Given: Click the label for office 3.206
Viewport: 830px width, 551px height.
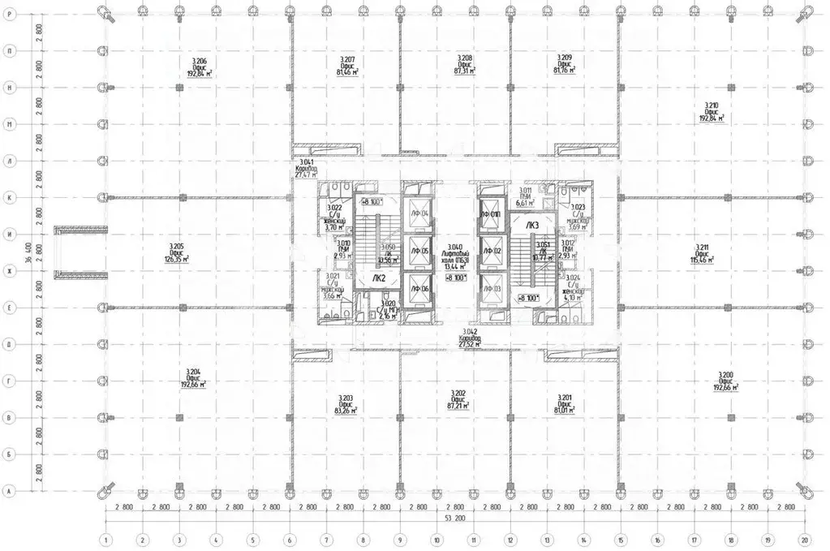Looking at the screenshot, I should pos(200,67).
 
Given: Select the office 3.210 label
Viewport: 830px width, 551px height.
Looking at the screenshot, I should pos(712,111).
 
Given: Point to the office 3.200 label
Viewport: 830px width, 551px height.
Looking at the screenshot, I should pos(725,381).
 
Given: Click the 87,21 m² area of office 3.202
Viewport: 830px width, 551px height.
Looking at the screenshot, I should pos(458,402).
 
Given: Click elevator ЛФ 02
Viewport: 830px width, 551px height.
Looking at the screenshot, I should pos(492,252).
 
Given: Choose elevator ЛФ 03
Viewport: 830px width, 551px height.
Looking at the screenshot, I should pos(492,289).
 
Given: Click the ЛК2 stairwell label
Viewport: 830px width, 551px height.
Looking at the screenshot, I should pos(378,278).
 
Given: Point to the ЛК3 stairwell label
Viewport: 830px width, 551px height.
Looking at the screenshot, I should pos(532,225).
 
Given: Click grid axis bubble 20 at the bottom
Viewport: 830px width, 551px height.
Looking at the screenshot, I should pos(804,538).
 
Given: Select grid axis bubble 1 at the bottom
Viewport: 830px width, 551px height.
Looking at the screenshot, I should pos(105,538).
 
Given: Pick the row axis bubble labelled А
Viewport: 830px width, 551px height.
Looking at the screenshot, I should pos(8,492).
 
